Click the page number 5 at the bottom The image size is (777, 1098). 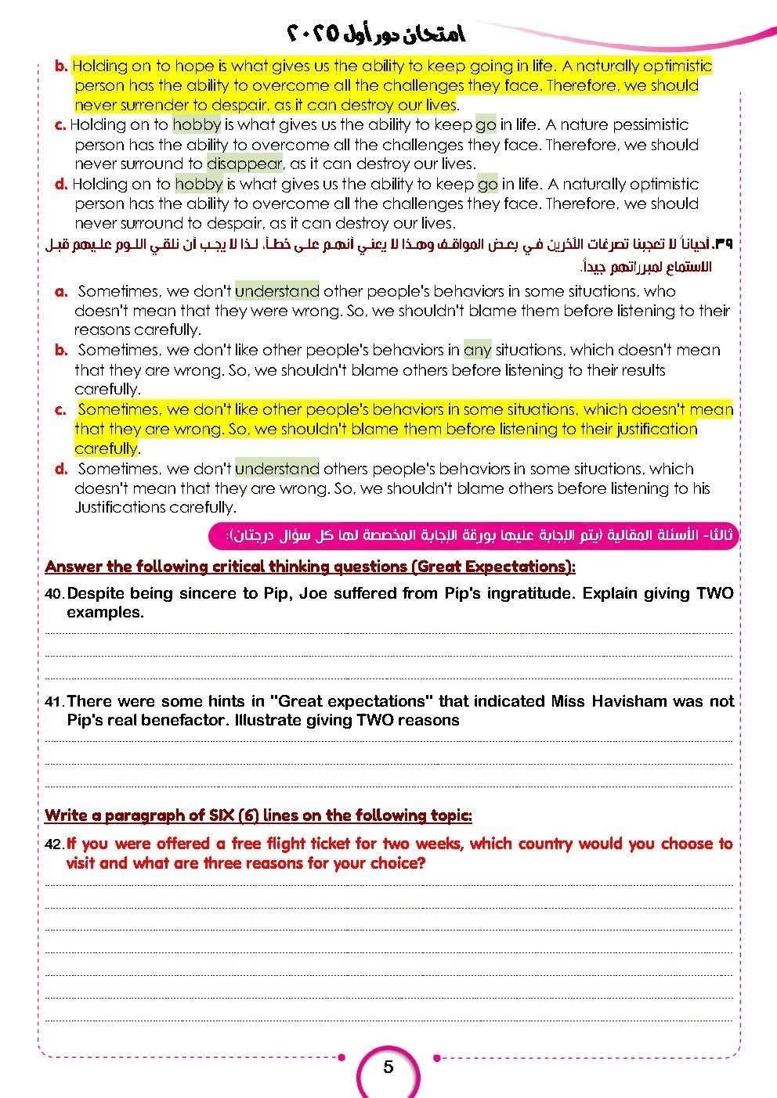(x=388, y=1067)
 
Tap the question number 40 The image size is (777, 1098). (x=53, y=594)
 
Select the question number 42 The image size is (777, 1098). (x=53, y=844)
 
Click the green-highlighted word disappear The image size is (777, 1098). (x=244, y=164)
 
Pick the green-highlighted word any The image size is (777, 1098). (x=477, y=350)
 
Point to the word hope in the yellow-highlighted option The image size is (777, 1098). (x=194, y=66)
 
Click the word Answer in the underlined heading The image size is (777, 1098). (x=70, y=566)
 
